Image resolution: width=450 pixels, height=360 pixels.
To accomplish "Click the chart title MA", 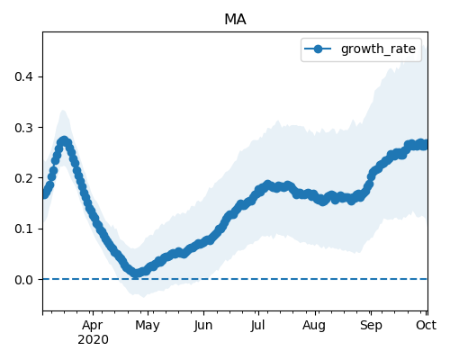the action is (235, 20).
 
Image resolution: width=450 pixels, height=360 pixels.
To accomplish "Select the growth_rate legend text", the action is (378, 49).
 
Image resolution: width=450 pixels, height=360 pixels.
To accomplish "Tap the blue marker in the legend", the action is (318, 49).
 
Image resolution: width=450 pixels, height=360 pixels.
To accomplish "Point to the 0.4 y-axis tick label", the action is (23, 76).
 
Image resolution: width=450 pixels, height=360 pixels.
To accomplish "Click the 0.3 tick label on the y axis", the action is (23, 128).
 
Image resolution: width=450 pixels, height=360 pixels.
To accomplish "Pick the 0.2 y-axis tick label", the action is (23, 178).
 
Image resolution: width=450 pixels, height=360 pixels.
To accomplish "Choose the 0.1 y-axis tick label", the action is (23, 229).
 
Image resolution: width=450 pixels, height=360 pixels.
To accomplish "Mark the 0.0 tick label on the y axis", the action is (23, 280).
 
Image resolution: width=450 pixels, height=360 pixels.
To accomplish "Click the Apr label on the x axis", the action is (93, 326).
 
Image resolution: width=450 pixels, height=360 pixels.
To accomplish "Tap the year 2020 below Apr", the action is (93, 340).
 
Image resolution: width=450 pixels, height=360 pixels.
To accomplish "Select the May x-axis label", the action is (148, 326).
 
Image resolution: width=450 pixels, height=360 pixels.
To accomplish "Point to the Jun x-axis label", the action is (203, 326).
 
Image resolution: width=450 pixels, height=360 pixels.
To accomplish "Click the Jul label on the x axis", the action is (257, 326).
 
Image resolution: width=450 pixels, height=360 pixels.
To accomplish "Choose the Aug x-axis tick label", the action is (314, 326).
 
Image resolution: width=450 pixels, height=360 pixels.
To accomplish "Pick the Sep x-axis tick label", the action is (371, 326).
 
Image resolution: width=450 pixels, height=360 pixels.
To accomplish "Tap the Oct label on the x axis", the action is (426, 326).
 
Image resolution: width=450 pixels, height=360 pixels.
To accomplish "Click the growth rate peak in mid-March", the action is (64, 141).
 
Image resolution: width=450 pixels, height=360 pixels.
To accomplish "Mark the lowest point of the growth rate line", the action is (136, 274).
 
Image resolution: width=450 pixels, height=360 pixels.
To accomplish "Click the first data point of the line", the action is (45, 194).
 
